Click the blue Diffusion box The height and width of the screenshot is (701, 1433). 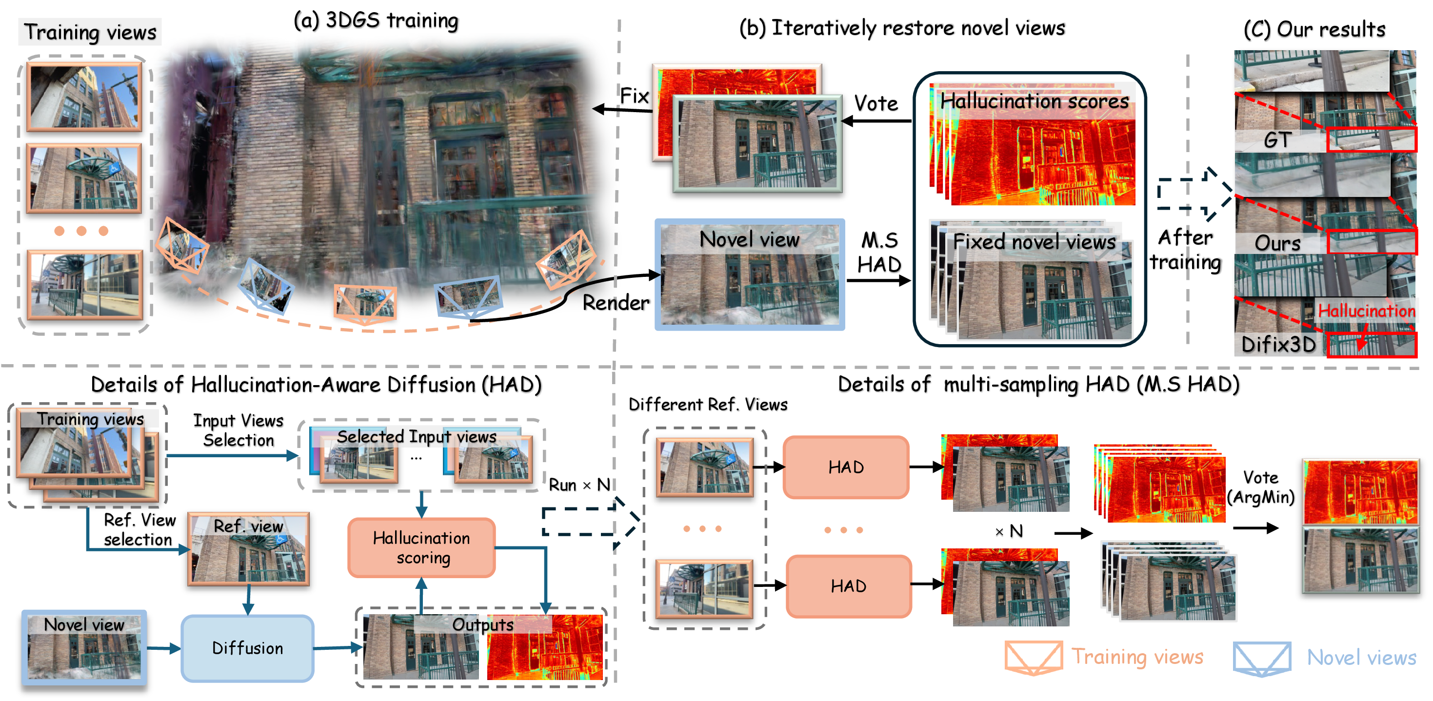pyautogui.click(x=248, y=648)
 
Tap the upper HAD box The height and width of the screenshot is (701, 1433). pyautogui.click(x=846, y=467)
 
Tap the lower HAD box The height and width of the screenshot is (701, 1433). pyautogui.click(x=849, y=586)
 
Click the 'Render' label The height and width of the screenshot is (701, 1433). pyautogui.click(x=616, y=302)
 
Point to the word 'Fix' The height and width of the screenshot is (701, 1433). pyautogui.click(x=635, y=96)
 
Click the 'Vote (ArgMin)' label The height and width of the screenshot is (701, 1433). pyautogui.click(x=1261, y=487)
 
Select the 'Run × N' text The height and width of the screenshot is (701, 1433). pyautogui.click(x=579, y=485)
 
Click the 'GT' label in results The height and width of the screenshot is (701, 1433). pyautogui.click(x=1277, y=139)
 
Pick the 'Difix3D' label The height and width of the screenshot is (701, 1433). pyautogui.click(x=1279, y=345)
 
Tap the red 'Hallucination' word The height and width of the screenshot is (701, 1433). pyautogui.click(x=1367, y=311)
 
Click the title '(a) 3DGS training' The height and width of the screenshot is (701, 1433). pyautogui.click(x=376, y=20)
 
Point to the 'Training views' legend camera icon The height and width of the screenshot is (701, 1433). pyautogui.click(x=1034, y=658)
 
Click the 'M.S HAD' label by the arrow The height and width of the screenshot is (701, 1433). pyautogui.click(x=879, y=252)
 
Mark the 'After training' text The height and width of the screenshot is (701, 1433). pyautogui.click(x=1185, y=250)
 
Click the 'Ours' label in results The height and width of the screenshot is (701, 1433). pyautogui.click(x=1277, y=243)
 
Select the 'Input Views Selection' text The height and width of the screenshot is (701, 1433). pyautogui.click(x=239, y=430)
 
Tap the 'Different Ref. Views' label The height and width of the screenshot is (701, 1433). pyautogui.click(x=708, y=404)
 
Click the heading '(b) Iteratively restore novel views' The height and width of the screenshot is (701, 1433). pyautogui.click(x=902, y=28)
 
